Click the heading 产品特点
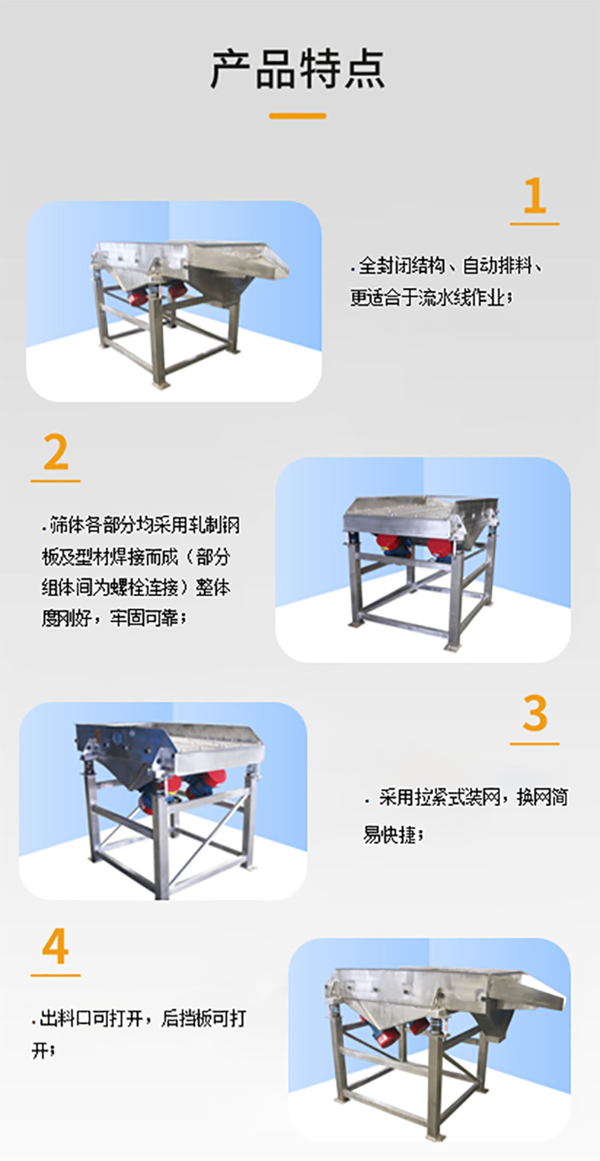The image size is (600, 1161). pos(298,69)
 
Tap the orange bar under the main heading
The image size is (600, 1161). pos(298,116)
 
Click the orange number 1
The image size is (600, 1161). pos(534,195)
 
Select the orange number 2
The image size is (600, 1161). pos(56,452)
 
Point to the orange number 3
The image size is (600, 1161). pos(534,713)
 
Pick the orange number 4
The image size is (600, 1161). pos(55,946)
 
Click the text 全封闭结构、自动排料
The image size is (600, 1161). pos(446,266)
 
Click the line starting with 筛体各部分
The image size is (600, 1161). pos(141,525)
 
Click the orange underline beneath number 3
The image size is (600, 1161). pos(534,744)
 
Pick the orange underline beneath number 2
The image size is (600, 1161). pos(55,482)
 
